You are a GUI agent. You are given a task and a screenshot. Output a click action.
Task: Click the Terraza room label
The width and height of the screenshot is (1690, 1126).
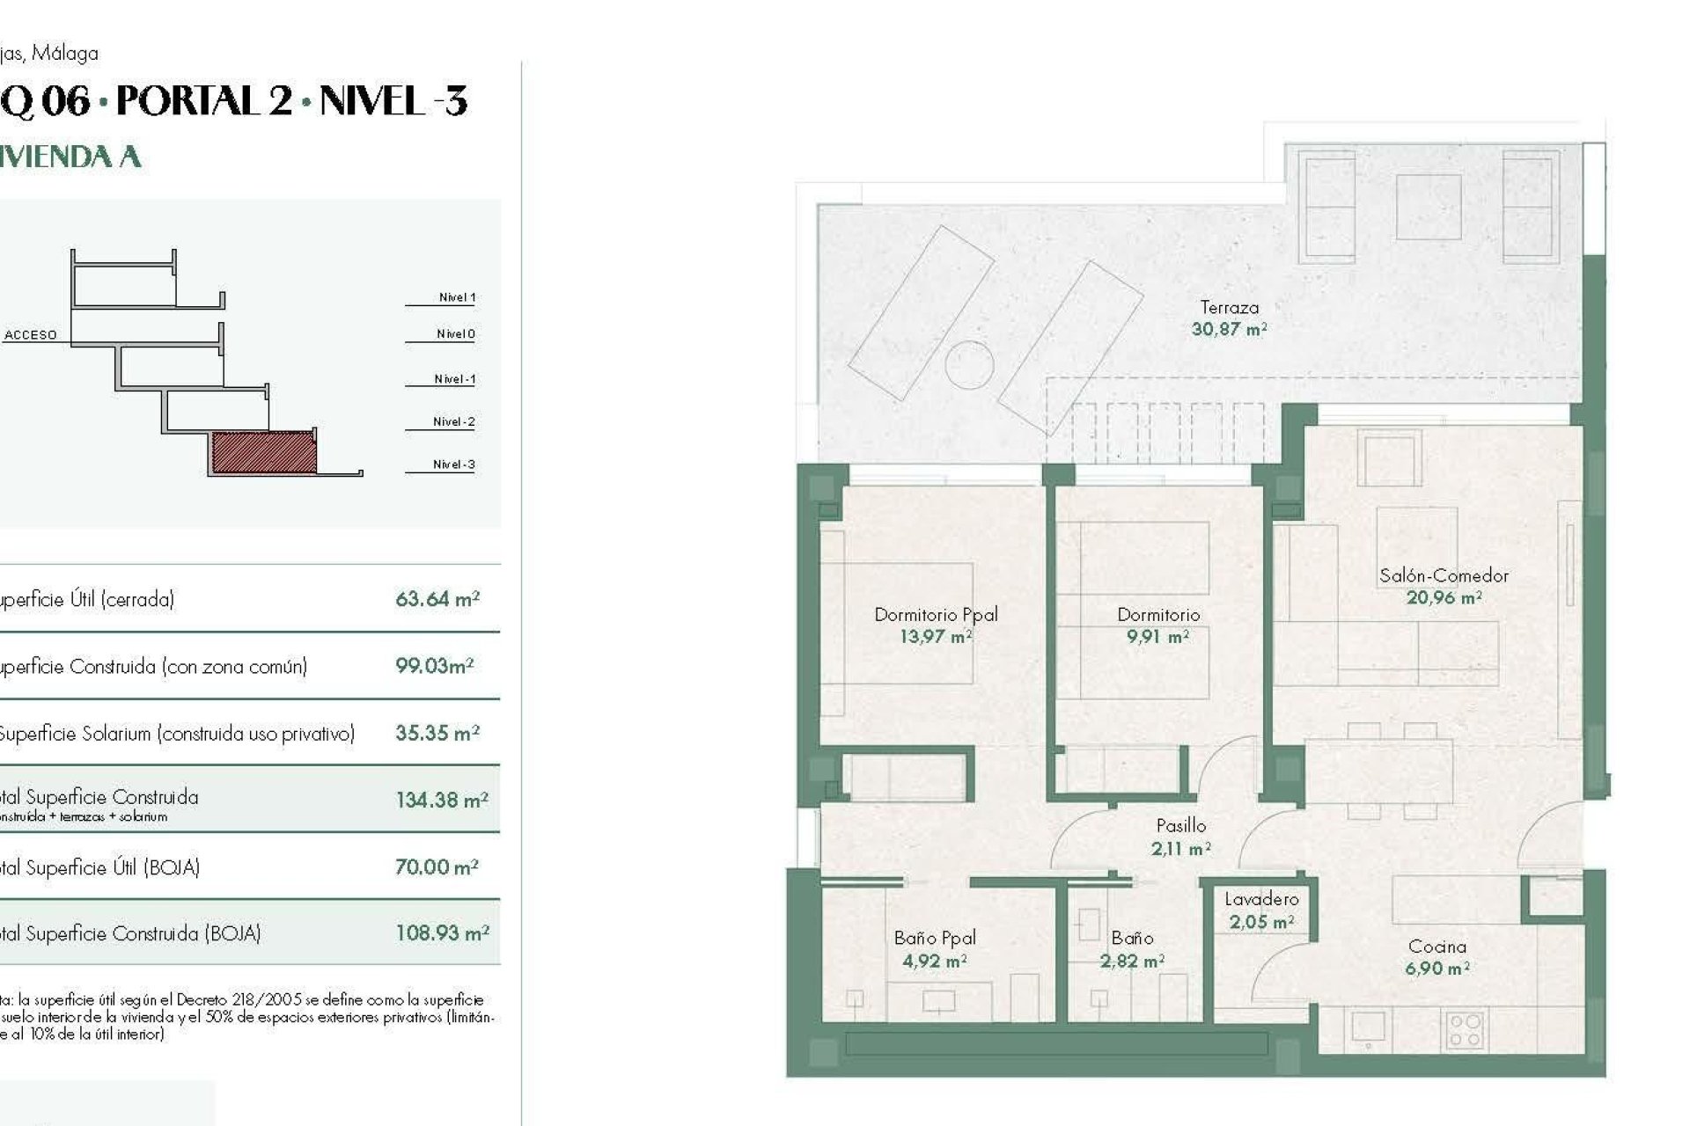coord(1229,308)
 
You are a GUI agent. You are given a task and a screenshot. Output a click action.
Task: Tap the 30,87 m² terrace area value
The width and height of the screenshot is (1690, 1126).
coord(1229,330)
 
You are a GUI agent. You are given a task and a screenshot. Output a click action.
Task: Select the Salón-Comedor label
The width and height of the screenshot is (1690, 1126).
coord(1444,576)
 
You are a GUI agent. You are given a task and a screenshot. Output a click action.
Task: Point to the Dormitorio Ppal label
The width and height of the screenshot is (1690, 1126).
coord(936,615)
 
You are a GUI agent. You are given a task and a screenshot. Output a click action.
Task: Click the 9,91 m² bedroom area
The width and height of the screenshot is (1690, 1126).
coord(1157,636)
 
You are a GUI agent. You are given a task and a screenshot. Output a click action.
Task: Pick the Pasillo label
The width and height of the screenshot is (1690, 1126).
coord(1180,826)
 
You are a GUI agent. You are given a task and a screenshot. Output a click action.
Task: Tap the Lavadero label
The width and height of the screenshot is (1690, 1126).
coord(1261,899)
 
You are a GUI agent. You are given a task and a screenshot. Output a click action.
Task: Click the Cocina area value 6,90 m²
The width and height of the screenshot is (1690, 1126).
coord(1436,969)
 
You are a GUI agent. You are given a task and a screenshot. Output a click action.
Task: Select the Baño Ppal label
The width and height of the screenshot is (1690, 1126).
coord(934,939)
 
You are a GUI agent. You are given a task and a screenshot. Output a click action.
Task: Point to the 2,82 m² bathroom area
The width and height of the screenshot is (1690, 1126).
coord(1132,961)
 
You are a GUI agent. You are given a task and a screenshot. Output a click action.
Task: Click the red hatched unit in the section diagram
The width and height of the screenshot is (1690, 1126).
coord(263,452)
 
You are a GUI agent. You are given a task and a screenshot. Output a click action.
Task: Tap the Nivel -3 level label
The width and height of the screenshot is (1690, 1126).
coord(453,464)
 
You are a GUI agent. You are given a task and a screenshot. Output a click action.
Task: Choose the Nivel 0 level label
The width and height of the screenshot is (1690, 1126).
coord(455,334)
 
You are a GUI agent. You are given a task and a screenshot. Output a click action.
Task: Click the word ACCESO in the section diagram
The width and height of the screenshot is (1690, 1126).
coord(31,335)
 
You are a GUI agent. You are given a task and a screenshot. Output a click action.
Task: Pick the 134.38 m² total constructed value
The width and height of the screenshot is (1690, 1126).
coord(441,801)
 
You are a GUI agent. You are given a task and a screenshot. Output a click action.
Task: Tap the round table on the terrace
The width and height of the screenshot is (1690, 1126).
coord(969,362)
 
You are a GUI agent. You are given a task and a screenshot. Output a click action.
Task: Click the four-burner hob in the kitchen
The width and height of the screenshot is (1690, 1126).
coord(1464,1029)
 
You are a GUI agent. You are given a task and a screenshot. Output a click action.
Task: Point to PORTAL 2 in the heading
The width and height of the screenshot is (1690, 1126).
coord(203,101)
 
